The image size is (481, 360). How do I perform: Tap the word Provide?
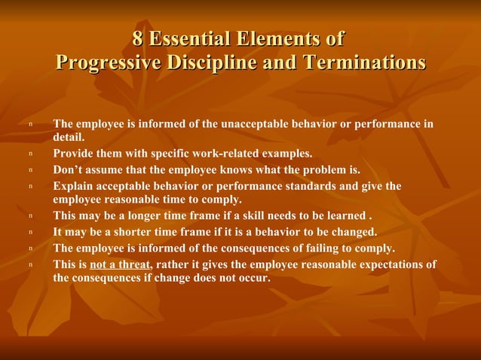tap(73, 154)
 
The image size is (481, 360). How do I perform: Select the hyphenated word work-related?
tap(222, 154)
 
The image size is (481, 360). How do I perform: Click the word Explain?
tap(73, 185)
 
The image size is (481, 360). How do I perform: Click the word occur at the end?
tap(253, 278)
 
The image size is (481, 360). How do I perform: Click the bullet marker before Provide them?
tap(30, 154)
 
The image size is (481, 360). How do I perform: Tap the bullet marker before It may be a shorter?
tap(30, 232)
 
